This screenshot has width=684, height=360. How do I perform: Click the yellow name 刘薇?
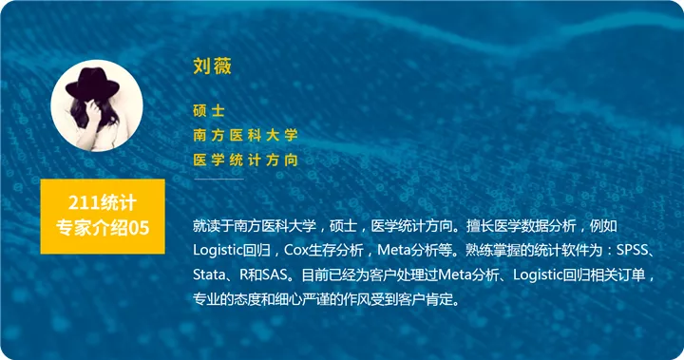tap(212, 66)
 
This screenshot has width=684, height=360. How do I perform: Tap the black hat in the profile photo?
tap(92, 85)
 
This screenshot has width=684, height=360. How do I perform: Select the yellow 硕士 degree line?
tap(208, 110)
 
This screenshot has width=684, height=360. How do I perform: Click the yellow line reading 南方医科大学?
tap(245, 135)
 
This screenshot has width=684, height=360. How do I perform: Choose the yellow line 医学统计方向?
tap(245, 160)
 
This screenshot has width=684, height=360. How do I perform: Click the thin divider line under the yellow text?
tap(218, 179)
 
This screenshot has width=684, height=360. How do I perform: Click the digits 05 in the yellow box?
tap(139, 228)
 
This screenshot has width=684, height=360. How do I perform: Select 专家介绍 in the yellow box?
tap(92, 228)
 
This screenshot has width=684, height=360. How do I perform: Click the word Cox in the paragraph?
tap(295, 250)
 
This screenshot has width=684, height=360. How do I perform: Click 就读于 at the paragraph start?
tap(214, 226)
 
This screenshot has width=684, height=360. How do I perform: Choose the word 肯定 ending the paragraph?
tap(439, 299)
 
